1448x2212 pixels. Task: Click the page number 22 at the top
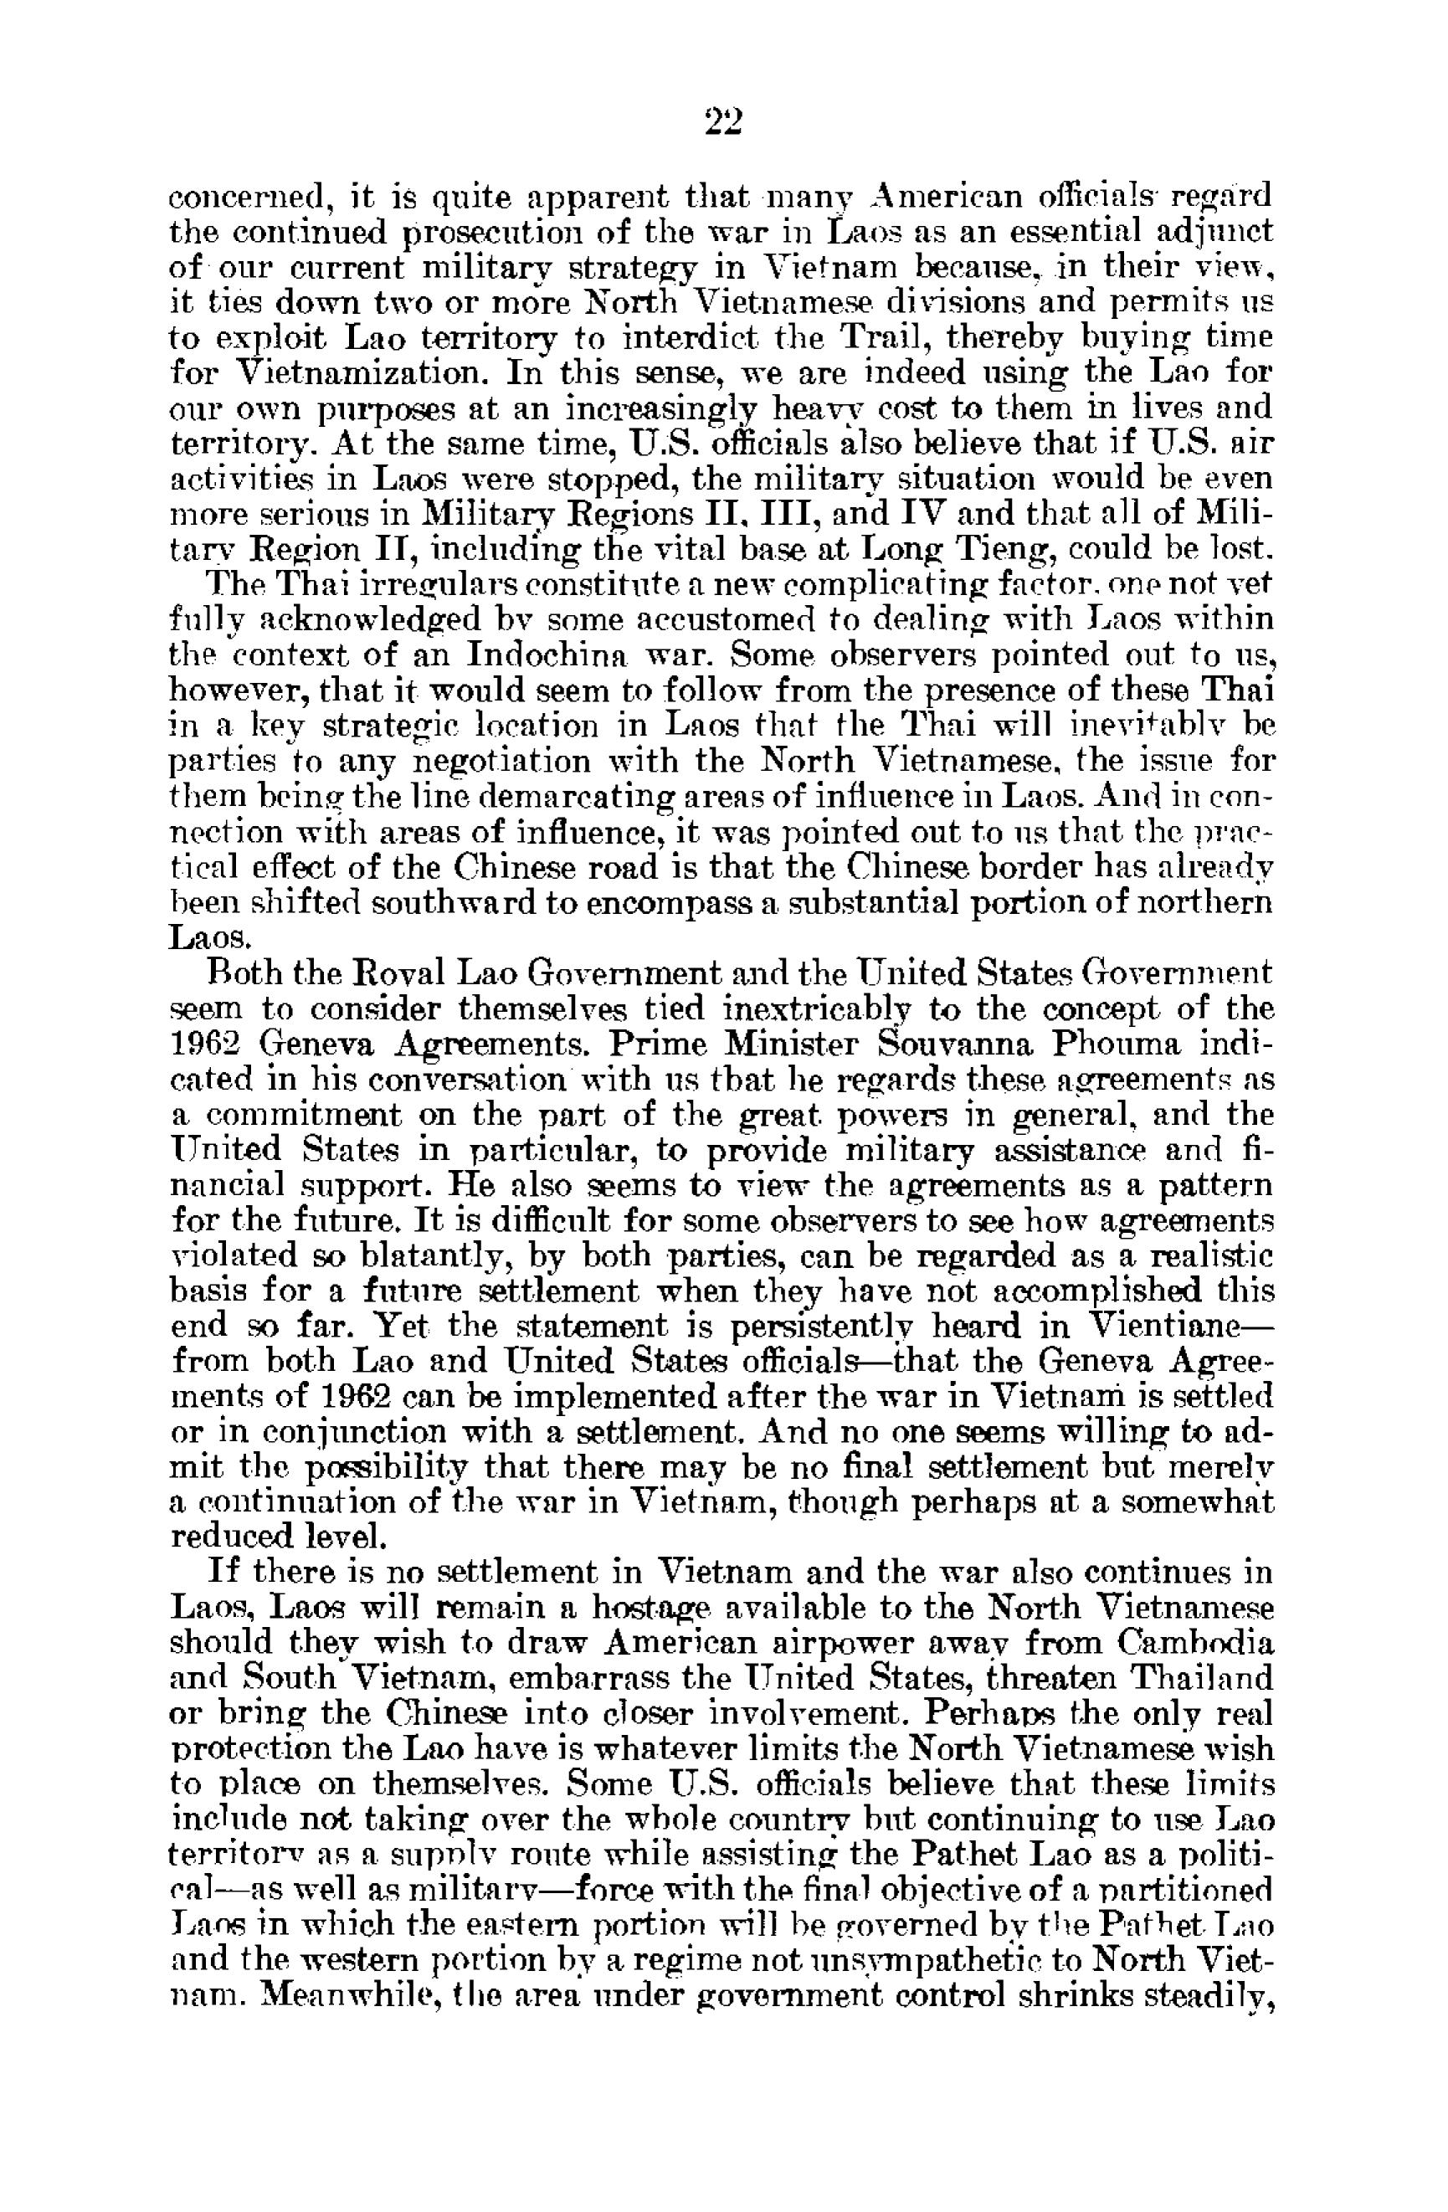723,121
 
